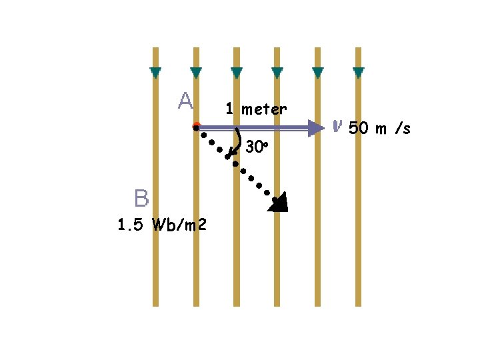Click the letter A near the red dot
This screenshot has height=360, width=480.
tap(185, 101)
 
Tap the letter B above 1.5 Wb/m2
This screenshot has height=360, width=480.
tap(141, 198)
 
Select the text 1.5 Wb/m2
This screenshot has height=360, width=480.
tap(162, 225)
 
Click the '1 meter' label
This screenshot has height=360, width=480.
tap(256, 109)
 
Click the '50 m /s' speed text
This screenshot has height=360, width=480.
tap(379, 129)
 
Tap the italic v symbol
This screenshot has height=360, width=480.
tap(337, 125)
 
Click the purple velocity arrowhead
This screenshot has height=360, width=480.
tap(315, 128)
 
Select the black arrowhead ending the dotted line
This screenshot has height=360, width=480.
tap(279, 203)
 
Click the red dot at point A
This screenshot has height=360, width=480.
tap(196, 125)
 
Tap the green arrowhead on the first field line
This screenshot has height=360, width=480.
tap(155, 72)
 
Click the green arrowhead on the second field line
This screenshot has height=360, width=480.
tap(196, 72)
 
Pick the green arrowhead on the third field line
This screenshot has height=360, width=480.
tap(237, 72)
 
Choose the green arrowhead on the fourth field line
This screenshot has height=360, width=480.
tap(277, 72)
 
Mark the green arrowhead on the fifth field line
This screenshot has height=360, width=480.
tap(318, 72)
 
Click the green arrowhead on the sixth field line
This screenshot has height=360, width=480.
tap(359, 72)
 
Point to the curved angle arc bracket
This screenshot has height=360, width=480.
tap(237, 143)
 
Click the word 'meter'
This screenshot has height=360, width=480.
tap(264, 109)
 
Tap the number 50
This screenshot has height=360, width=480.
tap(359, 129)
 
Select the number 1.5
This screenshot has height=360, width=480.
tap(130, 225)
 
